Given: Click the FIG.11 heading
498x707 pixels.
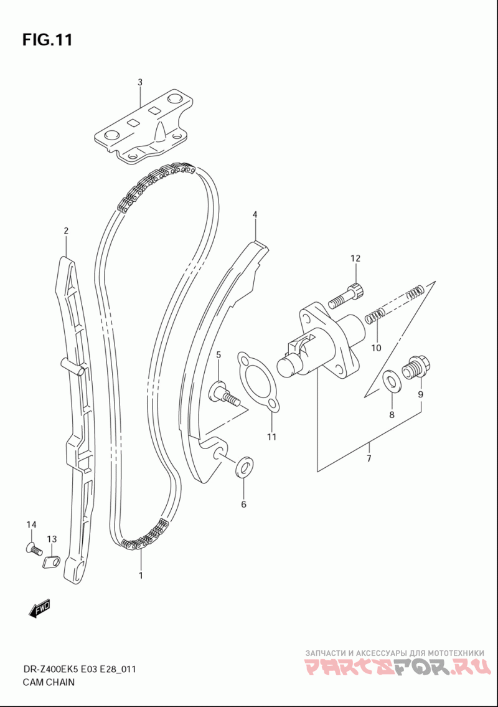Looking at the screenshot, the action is click(x=47, y=40).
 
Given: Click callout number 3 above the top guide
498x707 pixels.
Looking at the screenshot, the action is click(x=140, y=82).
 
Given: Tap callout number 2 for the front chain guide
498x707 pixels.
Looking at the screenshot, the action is click(x=65, y=231).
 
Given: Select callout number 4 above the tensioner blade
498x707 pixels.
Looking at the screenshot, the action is click(x=255, y=215).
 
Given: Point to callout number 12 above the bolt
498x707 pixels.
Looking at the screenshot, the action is click(x=355, y=258).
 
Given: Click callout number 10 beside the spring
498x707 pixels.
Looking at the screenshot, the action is click(x=376, y=348).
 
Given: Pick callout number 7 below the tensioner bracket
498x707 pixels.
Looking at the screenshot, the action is click(x=369, y=459).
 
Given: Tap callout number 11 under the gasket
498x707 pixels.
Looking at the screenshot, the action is click(x=271, y=437).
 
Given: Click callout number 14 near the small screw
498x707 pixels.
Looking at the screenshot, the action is click(x=31, y=525).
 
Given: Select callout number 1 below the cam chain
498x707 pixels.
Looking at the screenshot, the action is click(x=141, y=576).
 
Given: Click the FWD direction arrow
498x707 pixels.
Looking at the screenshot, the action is click(x=39, y=609).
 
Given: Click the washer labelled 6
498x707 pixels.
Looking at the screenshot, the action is click(x=245, y=466).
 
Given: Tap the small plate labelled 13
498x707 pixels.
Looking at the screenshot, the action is click(x=50, y=561).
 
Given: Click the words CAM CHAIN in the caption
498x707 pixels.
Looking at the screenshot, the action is click(x=49, y=681).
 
